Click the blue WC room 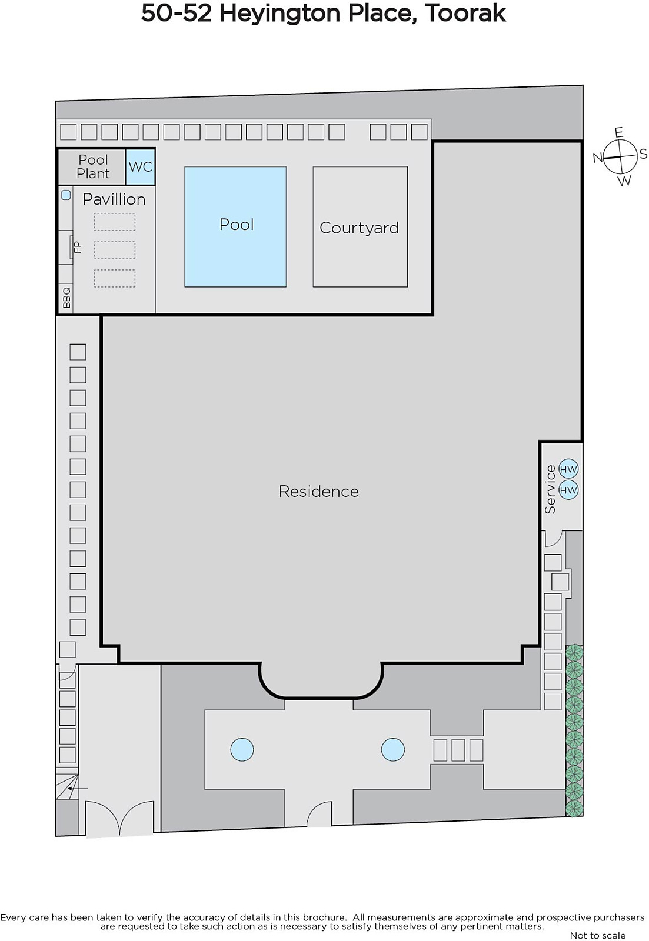(x=141, y=167)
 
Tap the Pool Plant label (x=94, y=167)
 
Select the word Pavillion (x=114, y=199)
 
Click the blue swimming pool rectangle (x=235, y=227)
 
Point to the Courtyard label (x=359, y=228)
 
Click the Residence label (x=318, y=492)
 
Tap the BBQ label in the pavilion (x=66, y=298)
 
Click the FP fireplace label (x=77, y=247)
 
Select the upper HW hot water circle (x=568, y=469)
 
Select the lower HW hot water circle (x=568, y=490)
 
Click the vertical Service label (x=550, y=489)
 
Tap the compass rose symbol (x=620, y=156)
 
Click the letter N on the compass (x=597, y=158)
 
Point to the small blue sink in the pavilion (x=66, y=195)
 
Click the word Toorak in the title (x=465, y=13)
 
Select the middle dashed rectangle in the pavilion (x=115, y=250)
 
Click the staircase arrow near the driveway (x=77, y=789)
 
